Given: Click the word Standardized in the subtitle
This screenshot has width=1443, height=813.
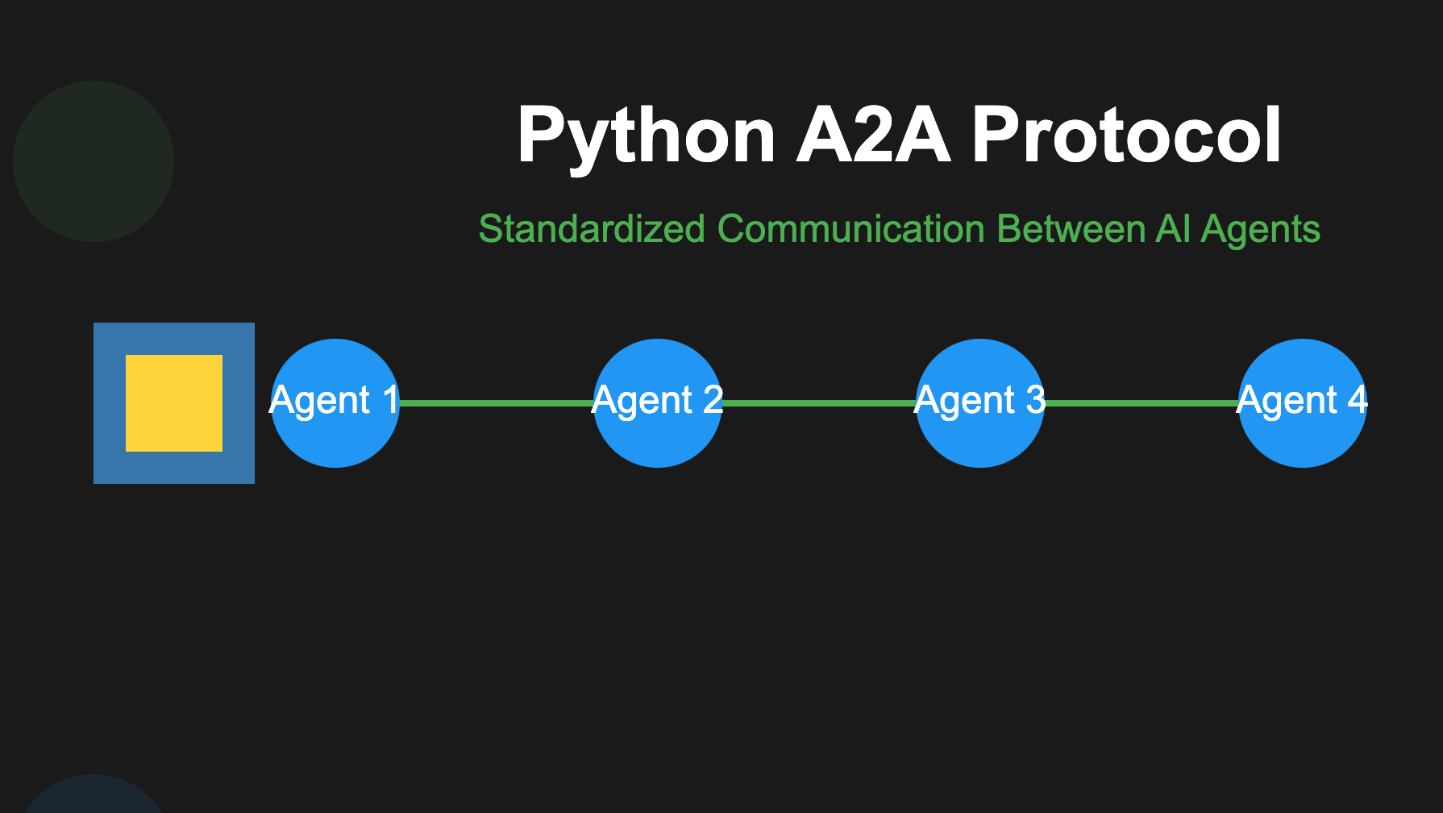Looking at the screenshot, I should pyautogui.click(x=592, y=229).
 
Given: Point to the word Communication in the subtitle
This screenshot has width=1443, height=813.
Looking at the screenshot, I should pyautogui.click(x=850, y=229).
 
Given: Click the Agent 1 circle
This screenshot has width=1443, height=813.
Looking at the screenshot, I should pyautogui.click(x=335, y=436).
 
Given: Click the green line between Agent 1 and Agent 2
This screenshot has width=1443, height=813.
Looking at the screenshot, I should pyautogui.click(x=496, y=402).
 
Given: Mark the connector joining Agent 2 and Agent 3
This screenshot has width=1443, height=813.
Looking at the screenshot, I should pyautogui.click(x=818, y=402).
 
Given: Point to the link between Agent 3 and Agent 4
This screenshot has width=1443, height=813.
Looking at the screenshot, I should pyautogui.click(x=1141, y=402).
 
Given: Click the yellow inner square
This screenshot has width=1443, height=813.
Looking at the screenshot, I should pyautogui.click(x=174, y=403).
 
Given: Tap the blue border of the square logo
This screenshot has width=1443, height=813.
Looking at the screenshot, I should pyautogui.click(x=109, y=403).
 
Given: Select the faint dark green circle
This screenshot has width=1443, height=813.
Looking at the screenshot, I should pyautogui.click(x=94, y=161).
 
